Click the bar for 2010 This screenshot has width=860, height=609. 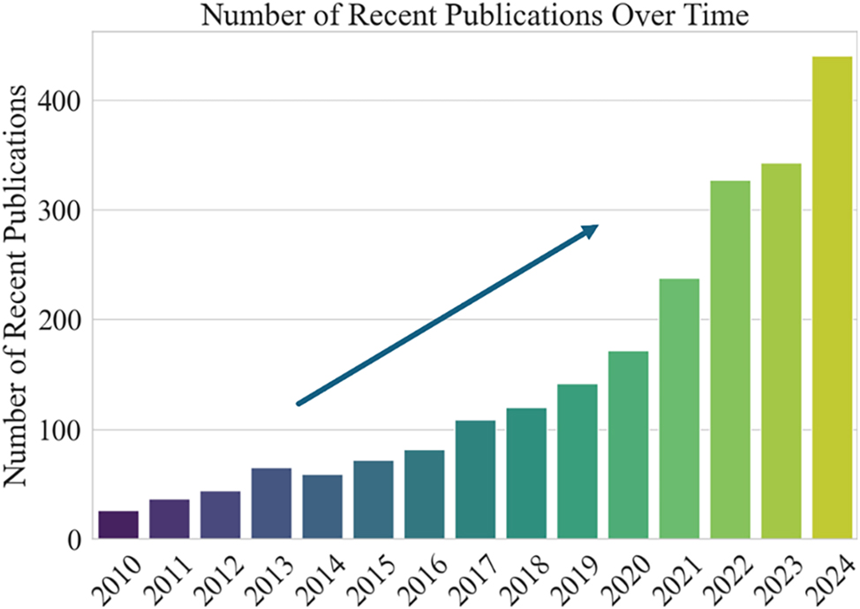click(x=118, y=524)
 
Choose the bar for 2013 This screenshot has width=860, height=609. click(x=271, y=503)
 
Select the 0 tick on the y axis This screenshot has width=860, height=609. click(x=75, y=539)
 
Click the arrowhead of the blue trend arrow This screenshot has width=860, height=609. click(x=590, y=230)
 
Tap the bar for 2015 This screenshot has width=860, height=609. click(x=373, y=499)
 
